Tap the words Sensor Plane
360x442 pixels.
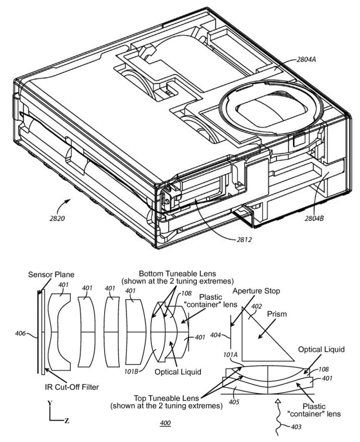[x=51, y=274]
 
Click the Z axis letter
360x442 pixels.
[x=66, y=421]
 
